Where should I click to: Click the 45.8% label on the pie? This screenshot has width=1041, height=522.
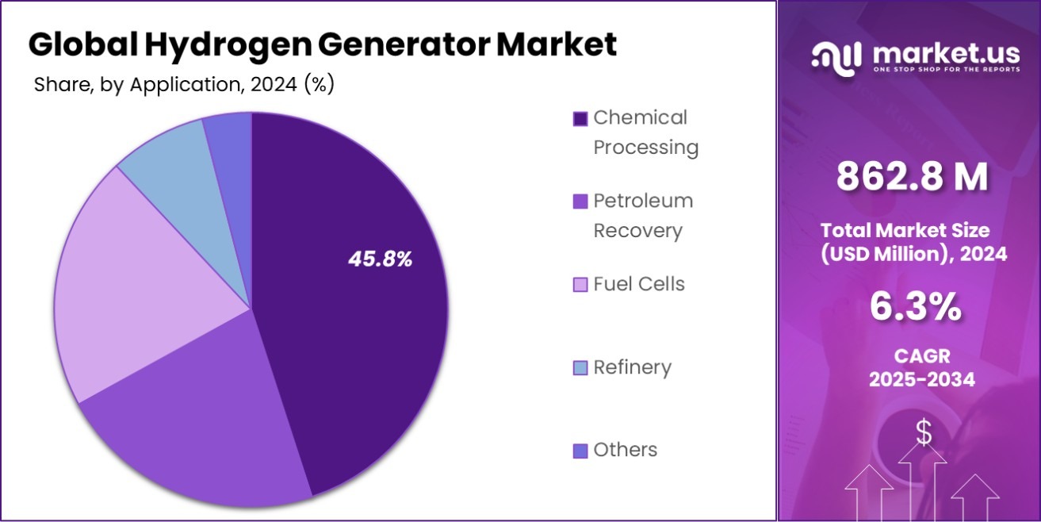(380, 259)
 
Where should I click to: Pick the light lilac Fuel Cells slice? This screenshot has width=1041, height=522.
(143, 286)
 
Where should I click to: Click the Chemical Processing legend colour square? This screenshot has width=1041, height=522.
(580, 119)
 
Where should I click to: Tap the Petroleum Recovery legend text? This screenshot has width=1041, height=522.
(643, 216)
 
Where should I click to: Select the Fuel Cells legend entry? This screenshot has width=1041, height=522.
(638, 284)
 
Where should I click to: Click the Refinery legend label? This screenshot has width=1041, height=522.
(632, 367)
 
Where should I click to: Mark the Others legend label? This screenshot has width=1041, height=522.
(625, 450)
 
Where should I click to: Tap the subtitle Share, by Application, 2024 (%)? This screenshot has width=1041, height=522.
(184, 85)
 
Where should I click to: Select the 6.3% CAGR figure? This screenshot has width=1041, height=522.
(916, 307)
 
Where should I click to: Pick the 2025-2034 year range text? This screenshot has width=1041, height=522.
(921, 380)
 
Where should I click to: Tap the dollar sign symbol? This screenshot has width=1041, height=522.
(924, 432)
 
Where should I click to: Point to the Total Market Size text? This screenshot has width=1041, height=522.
(905, 231)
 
